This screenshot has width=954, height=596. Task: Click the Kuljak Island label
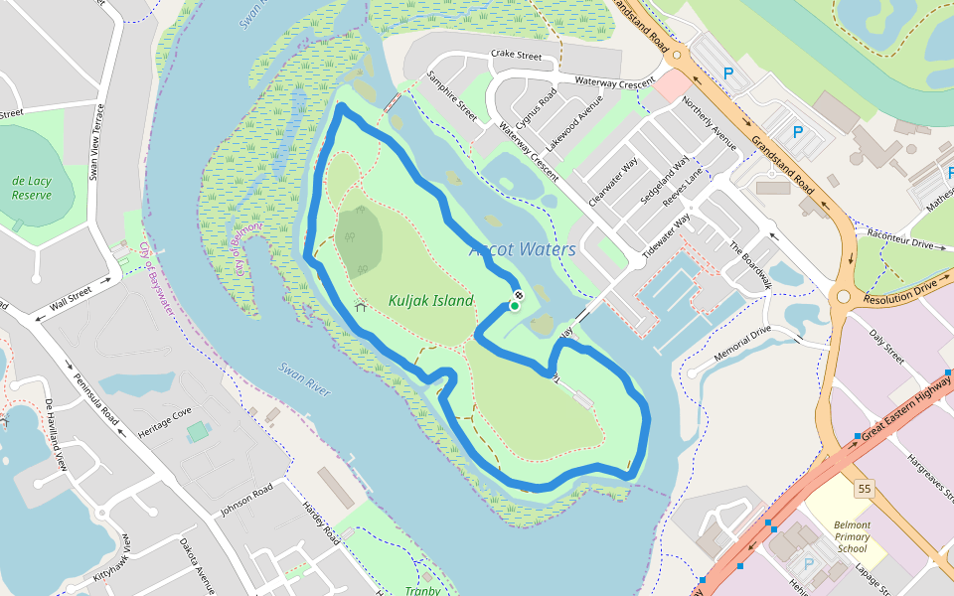click(x=430, y=301)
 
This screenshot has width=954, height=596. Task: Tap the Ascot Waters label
click(x=522, y=248)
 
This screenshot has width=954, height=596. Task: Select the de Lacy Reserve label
click(x=32, y=188)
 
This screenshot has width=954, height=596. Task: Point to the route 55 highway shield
click(x=864, y=488)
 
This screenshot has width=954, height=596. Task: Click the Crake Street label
click(x=516, y=58)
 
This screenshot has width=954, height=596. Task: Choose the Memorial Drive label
click(x=742, y=342)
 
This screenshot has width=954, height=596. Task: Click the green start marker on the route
click(x=515, y=306)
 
